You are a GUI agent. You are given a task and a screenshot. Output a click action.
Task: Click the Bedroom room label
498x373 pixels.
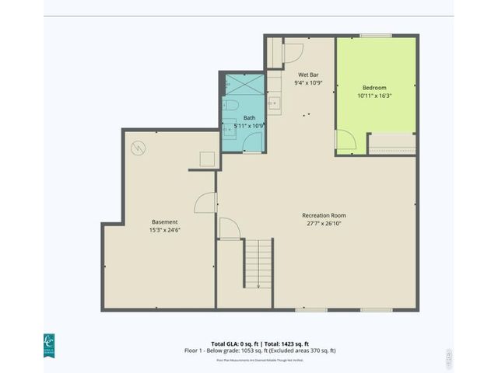374,88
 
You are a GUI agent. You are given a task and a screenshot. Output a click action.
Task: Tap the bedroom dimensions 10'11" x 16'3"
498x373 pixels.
374,96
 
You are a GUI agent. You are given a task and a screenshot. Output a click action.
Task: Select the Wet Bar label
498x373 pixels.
308,75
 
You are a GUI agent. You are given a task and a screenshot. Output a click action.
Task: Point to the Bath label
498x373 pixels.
249,117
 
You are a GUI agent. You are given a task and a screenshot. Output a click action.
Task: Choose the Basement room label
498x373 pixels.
164,221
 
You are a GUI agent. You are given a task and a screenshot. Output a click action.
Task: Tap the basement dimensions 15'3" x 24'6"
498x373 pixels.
164,230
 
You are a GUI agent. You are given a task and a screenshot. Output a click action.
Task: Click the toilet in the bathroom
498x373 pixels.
231,106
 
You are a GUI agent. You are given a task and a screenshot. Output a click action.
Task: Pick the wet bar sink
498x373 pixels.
272,103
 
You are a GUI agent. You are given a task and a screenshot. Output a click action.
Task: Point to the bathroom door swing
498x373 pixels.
251,140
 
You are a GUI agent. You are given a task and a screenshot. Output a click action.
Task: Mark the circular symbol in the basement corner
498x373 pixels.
139,146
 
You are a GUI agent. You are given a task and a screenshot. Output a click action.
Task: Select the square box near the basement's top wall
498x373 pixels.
207,159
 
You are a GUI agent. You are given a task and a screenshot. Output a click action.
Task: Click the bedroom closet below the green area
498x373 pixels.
391,144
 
